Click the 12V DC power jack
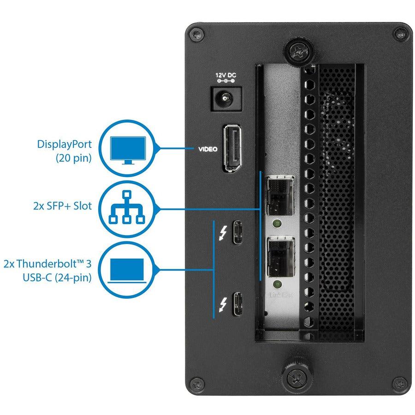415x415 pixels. point(225,98)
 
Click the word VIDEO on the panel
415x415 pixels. point(207,149)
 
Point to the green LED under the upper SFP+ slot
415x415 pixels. point(277,225)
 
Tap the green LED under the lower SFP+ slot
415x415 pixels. point(277,283)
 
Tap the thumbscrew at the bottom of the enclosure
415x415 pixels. point(296,377)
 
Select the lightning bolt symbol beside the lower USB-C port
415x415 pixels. point(223,304)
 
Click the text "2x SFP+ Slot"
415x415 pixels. point(62,206)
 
